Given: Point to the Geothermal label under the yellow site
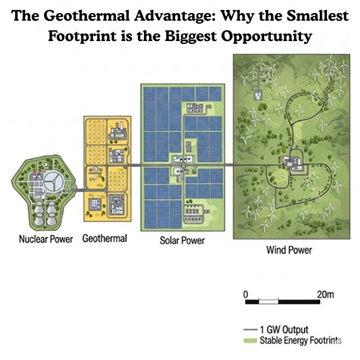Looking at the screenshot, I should point(105,238).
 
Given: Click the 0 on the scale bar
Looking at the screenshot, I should point(246,294).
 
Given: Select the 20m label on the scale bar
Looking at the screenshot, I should point(325,294).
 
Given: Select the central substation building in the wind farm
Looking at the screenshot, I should point(294,162).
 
